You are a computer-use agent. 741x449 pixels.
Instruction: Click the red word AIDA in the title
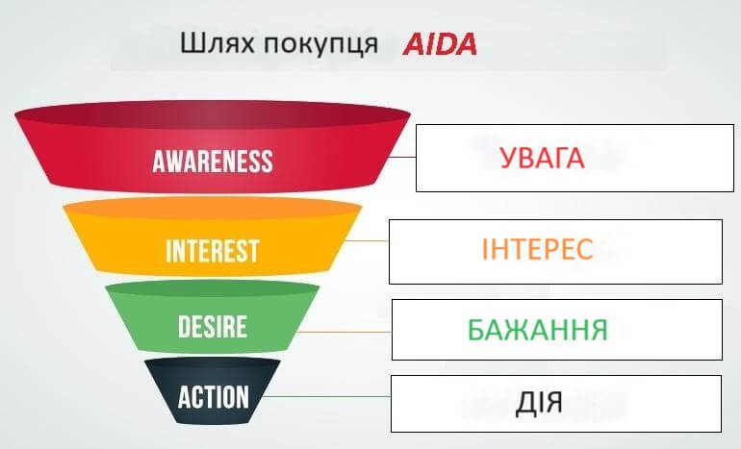440,44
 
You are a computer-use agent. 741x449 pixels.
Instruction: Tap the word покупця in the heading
320,46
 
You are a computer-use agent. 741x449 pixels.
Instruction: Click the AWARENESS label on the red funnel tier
213,162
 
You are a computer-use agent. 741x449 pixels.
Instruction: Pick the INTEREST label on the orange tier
213,251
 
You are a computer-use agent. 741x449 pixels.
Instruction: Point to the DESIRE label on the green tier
213,326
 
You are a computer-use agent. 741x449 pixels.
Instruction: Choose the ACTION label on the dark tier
213,396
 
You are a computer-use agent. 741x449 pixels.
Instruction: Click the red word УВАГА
542,158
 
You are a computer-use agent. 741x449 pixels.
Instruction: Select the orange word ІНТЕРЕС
537,249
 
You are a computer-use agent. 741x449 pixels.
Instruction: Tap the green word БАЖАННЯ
537,330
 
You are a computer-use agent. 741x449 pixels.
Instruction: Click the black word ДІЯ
539,402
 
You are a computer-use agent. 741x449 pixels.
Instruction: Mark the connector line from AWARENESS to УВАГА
403,157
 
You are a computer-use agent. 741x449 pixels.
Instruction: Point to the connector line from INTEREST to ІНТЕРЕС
368,240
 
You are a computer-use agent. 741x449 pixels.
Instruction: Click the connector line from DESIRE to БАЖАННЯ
345,332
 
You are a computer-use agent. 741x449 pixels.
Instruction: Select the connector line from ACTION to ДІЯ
326,396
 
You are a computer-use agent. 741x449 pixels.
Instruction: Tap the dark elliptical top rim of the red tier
213,114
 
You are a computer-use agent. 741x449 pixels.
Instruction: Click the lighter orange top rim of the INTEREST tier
213,209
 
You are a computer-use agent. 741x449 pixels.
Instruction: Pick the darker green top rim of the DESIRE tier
213,288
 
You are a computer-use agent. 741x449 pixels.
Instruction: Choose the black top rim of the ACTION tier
213,364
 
